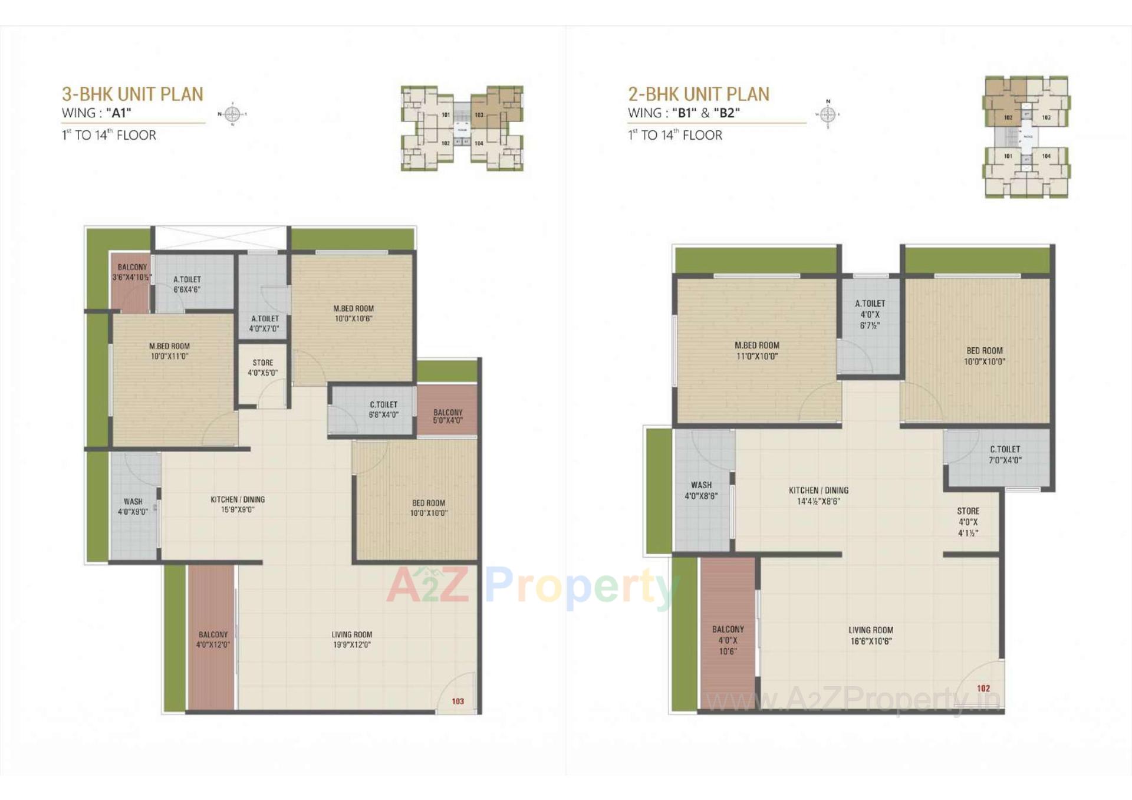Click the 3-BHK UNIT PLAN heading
(x=132, y=94)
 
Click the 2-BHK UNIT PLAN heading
(x=698, y=94)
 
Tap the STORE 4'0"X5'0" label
(x=262, y=368)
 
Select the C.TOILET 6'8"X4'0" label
(x=383, y=410)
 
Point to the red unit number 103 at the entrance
(x=458, y=701)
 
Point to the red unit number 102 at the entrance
(x=983, y=688)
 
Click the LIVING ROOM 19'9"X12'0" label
(x=351, y=640)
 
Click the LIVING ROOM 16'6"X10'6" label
(x=870, y=636)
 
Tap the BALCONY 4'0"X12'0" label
(x=213, y=640)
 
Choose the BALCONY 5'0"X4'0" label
(x=447, y=417)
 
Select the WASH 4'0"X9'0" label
(x=133, y=506)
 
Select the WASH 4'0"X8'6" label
(x=701, y=490)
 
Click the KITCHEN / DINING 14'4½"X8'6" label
(x=818, y=496)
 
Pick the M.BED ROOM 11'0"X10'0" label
(x=756, y=351)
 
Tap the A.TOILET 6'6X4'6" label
(x=187, y=284)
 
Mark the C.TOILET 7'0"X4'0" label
(x=1005, y=455)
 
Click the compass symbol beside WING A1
(x=232, y=114)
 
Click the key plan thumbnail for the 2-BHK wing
(x=1026, y=137)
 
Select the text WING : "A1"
(x=96, y=113)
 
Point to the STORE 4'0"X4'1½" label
(x=968, y=522)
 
